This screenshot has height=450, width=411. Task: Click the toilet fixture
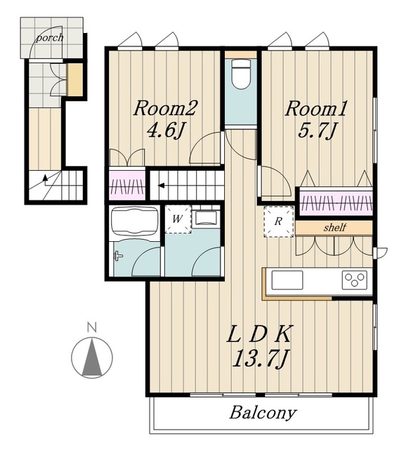[x=241, y=74]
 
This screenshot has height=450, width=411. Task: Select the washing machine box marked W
[x=178, y=219]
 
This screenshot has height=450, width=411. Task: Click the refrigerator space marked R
[x=278, y=221]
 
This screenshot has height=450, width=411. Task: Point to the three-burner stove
[x=355, y=280]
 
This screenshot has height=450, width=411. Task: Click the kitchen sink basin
[x=287, y=280]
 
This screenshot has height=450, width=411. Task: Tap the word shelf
[x=334, y=228]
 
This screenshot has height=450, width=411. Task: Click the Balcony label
[x=263, y=413]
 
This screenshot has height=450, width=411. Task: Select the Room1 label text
[x=316, y=109]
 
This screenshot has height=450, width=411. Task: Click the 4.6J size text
[x=165, y=131]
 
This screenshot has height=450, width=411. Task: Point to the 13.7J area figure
[x=260, y=359]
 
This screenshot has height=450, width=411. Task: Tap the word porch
[x=49, y=38]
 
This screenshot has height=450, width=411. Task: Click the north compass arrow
[x=92, y=357]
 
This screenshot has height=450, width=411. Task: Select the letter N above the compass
[x=92, y=328]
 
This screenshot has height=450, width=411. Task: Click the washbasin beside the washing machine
[x=206, y=217]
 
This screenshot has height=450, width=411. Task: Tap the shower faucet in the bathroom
[x=118, y=256]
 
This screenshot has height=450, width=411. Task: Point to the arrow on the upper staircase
[x=161, y=186]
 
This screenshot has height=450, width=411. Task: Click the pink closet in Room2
[x=127, y=185]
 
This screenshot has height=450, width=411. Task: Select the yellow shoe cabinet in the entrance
[x=75, y=79]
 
